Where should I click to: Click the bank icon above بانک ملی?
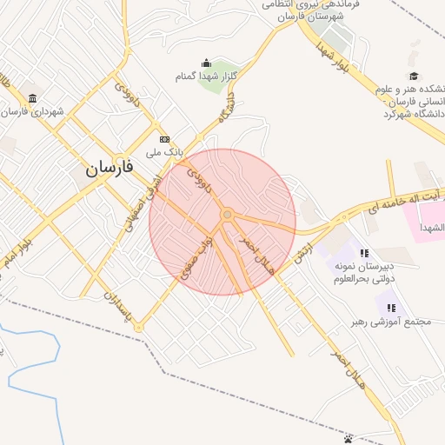pyautogui.click(x=164, y=139)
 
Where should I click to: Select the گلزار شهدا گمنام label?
pyautogui.click(x=207, y=76)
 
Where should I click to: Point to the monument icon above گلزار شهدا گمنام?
pyautogui.click(x=206, y=63)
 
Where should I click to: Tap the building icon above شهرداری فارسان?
pyautogui.click(x=32, y=97)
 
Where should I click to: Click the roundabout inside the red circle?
pyautogui.click(x=226, y=214)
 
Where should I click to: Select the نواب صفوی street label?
pyautogui.click(x=196, y=257)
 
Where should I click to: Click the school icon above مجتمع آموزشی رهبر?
pyautogui.click(x=391, y=308)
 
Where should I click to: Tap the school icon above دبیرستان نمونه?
pyautogui.click(x=363, y=252)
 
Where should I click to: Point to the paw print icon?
pyautogui.click(x=349, y=437)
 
